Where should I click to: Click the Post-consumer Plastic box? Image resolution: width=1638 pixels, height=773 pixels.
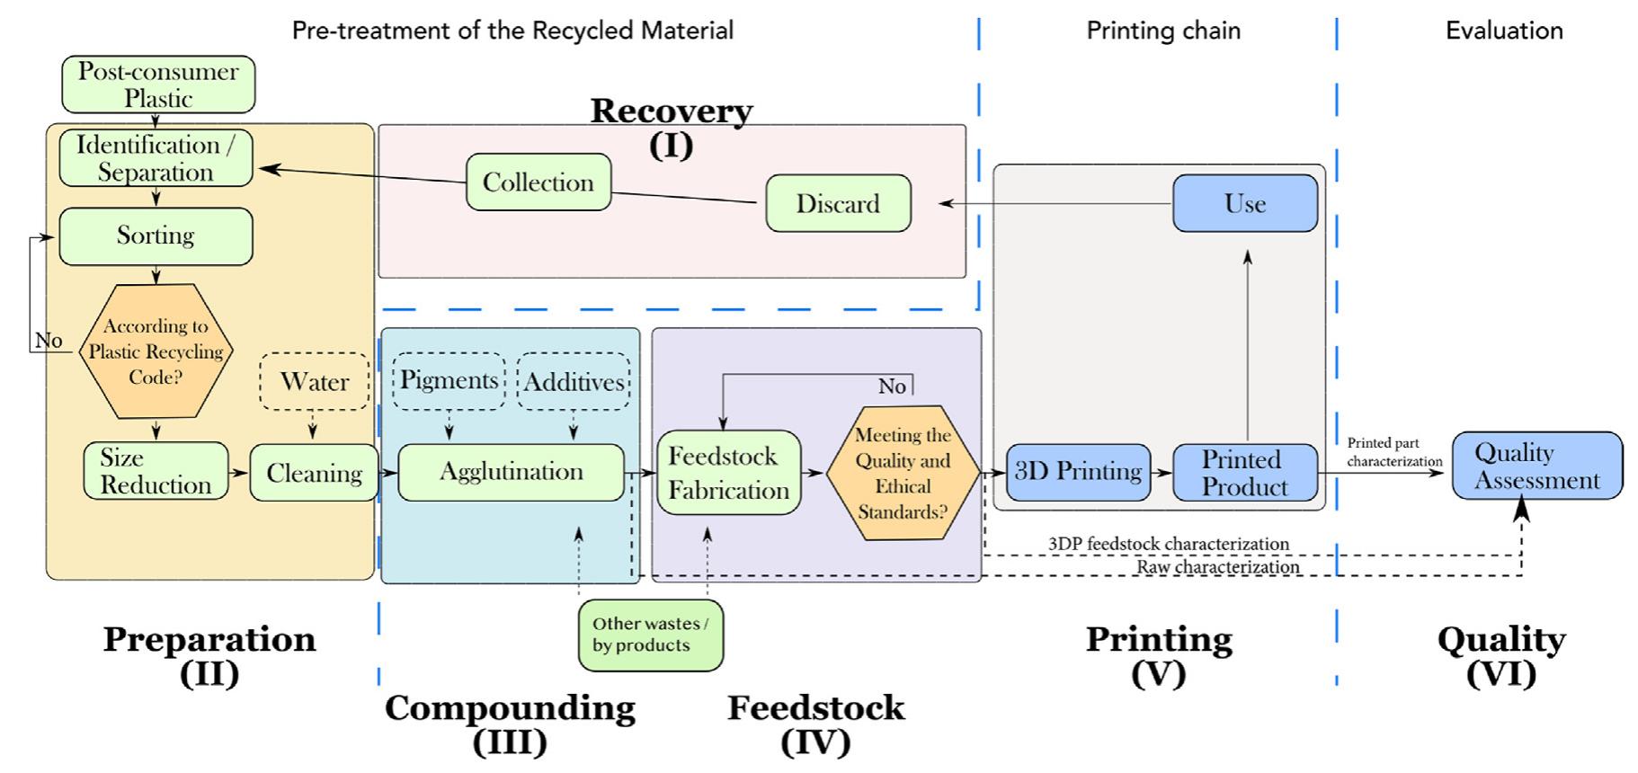[158, 84]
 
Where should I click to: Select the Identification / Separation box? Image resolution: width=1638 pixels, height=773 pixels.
[156, 158]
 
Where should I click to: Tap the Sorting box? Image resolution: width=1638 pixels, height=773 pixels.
[156, 235]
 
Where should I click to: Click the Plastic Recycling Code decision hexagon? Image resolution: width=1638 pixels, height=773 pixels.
[156, 351]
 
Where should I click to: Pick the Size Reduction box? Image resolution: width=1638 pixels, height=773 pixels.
[156, 471]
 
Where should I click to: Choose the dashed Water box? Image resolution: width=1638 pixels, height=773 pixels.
[314, 382]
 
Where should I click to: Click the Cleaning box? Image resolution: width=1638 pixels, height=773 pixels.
[314, 473]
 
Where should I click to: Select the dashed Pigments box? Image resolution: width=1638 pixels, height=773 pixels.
[449, 380]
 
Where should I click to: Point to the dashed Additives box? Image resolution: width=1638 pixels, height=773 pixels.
[574, 382]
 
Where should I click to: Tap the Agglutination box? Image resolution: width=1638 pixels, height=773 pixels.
[511, 472]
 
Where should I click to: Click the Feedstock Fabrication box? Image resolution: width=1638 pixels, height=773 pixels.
[728, 473]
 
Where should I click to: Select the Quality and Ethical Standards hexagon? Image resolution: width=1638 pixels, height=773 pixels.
[903, 473]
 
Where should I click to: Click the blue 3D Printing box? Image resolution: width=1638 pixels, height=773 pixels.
[1078, 472]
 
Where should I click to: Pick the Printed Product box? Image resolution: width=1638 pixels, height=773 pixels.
[1245, 473]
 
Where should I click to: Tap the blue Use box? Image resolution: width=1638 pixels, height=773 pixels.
[1245, 203]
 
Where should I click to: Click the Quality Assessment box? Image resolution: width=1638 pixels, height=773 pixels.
[1537, 466]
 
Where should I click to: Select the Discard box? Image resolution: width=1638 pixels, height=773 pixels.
[838, 203]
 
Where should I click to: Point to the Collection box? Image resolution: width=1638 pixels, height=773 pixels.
[539, 182]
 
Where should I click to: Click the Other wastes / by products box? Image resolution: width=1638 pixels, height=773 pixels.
[650, 635]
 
